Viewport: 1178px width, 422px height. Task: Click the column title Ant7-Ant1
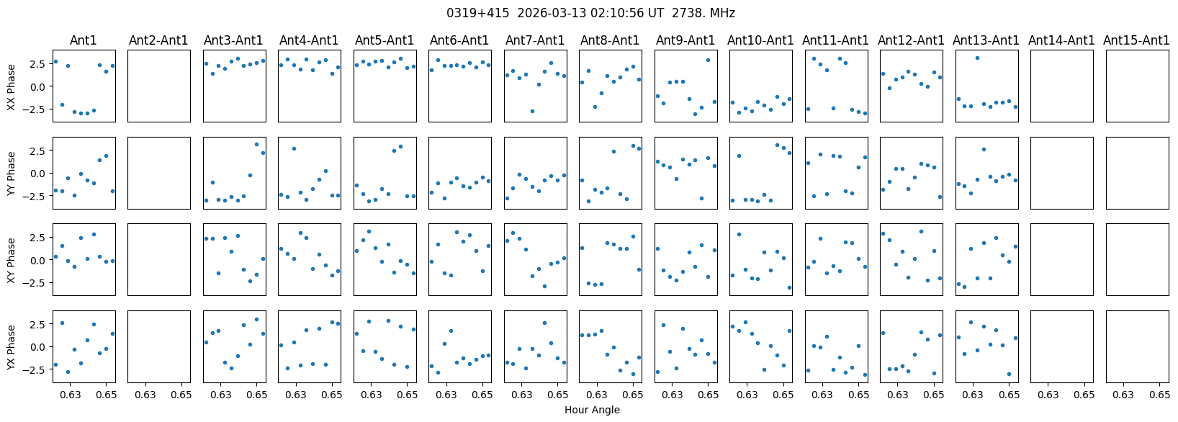[535, 40]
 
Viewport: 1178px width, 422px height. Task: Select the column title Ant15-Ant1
[1136, 40]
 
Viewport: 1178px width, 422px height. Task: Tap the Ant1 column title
[84, 40]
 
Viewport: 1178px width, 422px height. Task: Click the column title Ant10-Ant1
[760, 40]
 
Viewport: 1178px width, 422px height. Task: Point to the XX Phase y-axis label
[12, 86]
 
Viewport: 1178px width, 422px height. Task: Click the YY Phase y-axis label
[12, 173]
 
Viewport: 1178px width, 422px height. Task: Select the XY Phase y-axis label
[12, 259]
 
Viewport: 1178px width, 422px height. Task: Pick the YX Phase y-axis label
[12, 346]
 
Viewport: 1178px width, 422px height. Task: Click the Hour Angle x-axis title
[592, 410]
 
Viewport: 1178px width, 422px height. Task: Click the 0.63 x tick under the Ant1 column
[71, 395]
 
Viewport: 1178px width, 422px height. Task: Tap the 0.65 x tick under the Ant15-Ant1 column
[1159, 395]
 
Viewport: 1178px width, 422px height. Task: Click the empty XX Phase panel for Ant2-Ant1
[158, 86]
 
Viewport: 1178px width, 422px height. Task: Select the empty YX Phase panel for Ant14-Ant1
[1061, 346]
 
